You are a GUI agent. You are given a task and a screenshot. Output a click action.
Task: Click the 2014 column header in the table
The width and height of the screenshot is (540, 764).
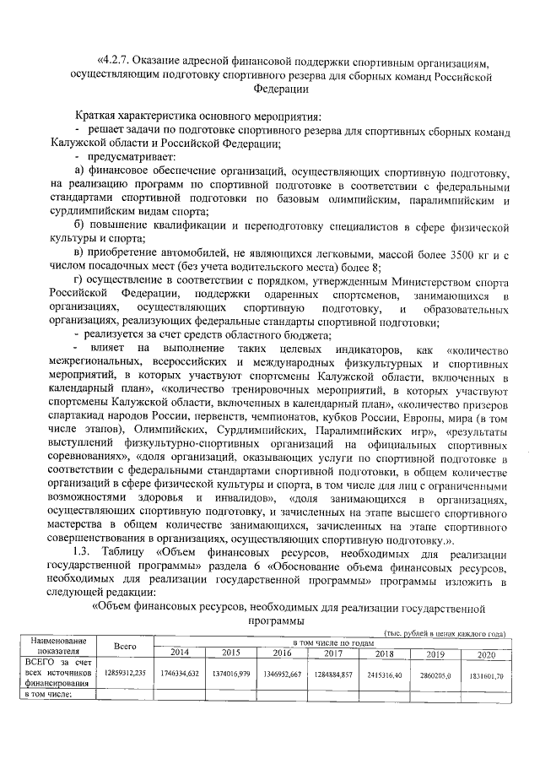[x=179, y=653]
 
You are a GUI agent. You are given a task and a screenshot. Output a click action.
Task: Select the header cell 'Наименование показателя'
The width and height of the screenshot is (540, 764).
[x=57, y=647]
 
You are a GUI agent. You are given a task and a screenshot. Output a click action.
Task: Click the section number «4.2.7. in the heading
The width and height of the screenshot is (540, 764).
[x=117, y=61]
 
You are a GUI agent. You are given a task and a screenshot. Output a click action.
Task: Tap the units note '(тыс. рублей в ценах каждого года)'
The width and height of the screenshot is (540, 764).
[x=444, y=632]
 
